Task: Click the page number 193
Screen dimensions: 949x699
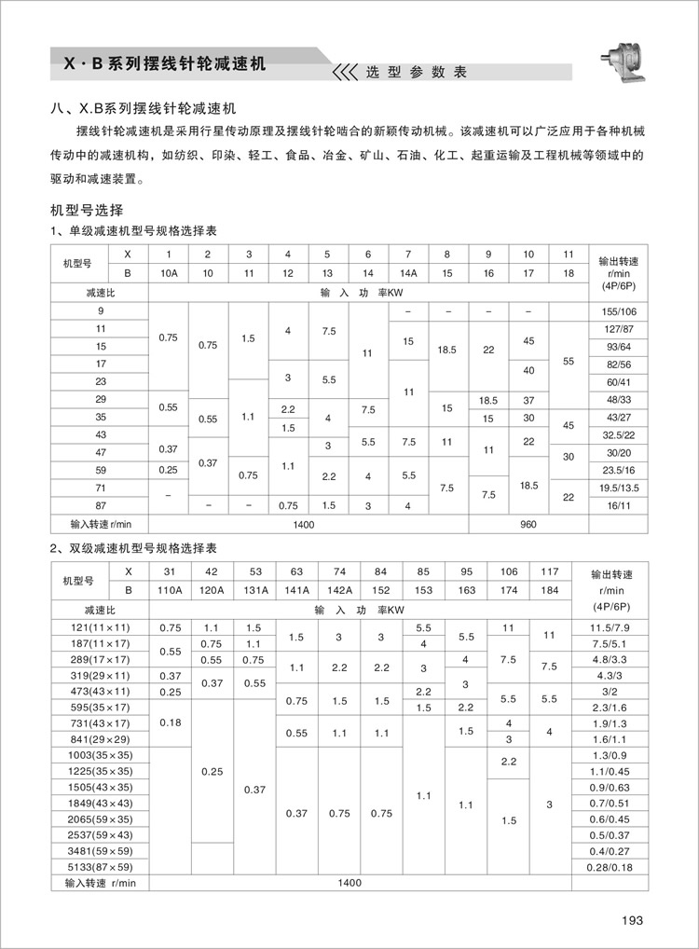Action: click(633, 921)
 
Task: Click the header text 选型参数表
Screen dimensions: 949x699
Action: click(416, 72)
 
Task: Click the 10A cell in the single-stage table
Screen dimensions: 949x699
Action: click(169, 273)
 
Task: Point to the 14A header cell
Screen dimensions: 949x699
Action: click(408, 273)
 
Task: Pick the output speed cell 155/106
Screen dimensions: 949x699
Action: click(620, 310)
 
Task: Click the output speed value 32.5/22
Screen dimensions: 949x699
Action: click(620, 434)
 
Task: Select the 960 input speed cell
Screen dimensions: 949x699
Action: click(528, 524)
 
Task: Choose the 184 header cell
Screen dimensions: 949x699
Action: click(549, 590)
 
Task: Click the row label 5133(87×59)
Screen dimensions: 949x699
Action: click(102, 866)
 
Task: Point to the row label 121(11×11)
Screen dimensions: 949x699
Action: click(102, 627)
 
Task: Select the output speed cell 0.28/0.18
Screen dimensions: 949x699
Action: click(620, 866)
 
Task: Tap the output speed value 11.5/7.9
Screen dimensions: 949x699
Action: click(620, 627)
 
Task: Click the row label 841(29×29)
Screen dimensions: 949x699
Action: click(102, 739)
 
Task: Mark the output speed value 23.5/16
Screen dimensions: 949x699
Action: click(620, 471)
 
